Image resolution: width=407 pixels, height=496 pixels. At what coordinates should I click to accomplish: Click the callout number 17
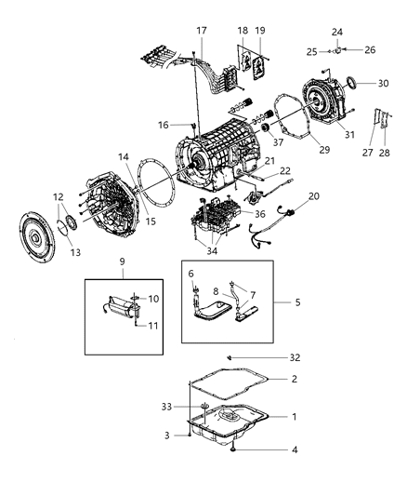(x=201, y=32)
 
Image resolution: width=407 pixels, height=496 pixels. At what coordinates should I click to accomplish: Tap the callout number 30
(x=384, y=84)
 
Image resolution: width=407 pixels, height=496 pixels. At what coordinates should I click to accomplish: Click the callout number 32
(x=294, y=356)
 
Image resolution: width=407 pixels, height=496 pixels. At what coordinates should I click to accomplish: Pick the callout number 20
(x=313, y=196)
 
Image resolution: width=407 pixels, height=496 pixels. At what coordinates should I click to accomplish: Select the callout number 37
(x=276, y=143)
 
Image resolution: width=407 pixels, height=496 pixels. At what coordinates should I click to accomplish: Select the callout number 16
(x=163, y=124)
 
